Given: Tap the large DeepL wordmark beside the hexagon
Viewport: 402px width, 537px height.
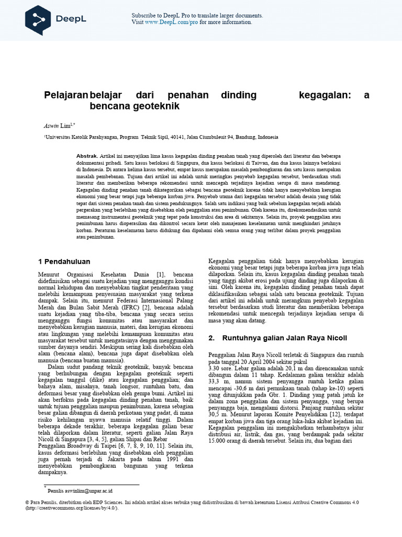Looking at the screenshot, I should coord(72,19).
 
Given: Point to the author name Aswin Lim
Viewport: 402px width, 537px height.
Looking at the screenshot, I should coord(58,126).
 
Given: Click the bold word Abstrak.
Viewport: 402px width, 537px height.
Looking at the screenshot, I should coord(87,156).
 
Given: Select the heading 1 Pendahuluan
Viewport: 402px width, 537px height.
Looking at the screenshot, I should coord(64,261).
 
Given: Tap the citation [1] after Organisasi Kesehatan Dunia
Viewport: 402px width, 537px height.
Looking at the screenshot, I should coord(160,274).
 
